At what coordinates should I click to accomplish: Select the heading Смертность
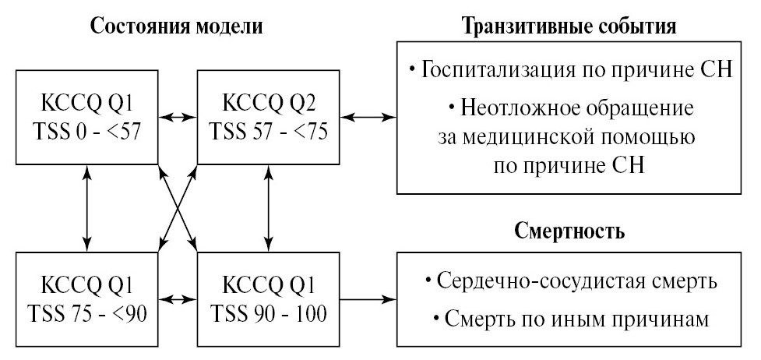[x=569, y=231]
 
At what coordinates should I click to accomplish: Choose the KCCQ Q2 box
[x=269, y=117]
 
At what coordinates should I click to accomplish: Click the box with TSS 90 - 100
[x=269, y=299]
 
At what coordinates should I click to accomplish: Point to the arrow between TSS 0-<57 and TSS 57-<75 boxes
[x=178, y=117]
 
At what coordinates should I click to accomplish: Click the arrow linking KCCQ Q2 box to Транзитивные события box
[x=369, y=117]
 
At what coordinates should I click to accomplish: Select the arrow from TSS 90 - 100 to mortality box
[x=369, y=299]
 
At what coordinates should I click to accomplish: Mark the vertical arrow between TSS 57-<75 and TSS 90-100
[x=269, y=207]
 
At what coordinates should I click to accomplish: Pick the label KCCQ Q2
[x=269, y=102]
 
